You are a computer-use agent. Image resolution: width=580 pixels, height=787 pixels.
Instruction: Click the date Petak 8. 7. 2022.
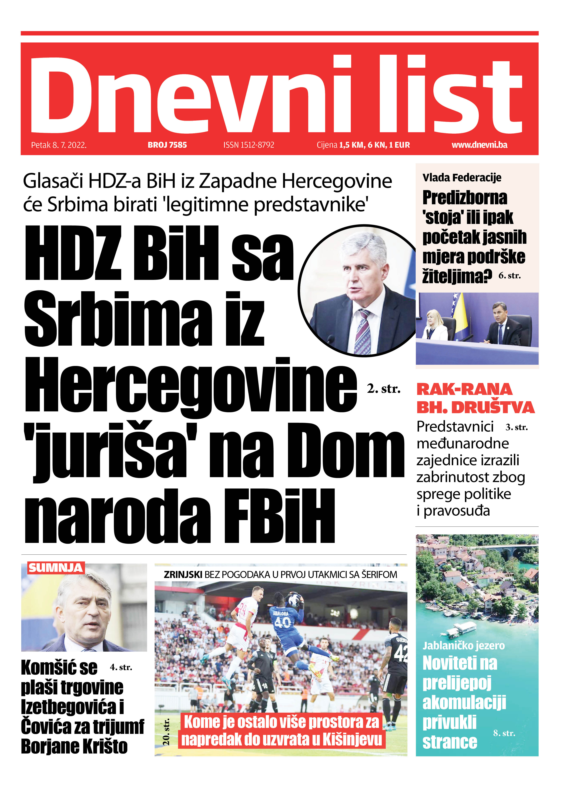click(x=59, y=145)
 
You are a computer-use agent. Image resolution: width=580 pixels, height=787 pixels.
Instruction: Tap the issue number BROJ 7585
click(x=167, y=145)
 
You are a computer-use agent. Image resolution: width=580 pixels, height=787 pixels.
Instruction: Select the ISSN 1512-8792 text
click(x=249, y=145)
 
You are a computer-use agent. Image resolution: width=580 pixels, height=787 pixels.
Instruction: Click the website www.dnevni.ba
click(x=479, y=145)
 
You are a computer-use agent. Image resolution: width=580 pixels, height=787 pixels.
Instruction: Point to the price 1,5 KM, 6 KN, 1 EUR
click(x=374, y=145)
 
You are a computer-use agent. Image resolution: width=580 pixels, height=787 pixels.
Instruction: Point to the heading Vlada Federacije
click(x=462, y=178)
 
